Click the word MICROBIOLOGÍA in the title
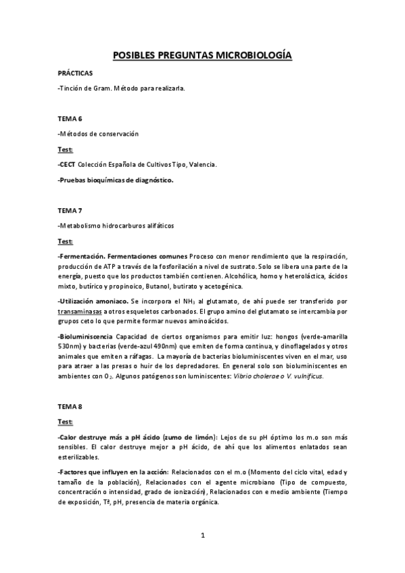coord(254,56)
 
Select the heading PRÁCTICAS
coord(75,72)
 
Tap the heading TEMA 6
coord(70,118)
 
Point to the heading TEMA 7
coord(70,209)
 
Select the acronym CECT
coord(68,164)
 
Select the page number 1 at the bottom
coord(202,536)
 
